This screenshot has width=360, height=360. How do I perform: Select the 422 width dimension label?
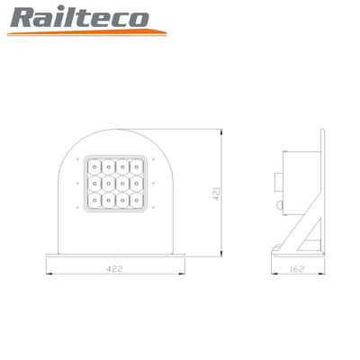pyautogui.click(x=115, y=268)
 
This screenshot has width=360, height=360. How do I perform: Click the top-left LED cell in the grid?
pyautogui.click(x=94, y=166)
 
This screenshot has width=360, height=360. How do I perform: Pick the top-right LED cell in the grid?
pyautogui.click(x=137, y=166)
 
